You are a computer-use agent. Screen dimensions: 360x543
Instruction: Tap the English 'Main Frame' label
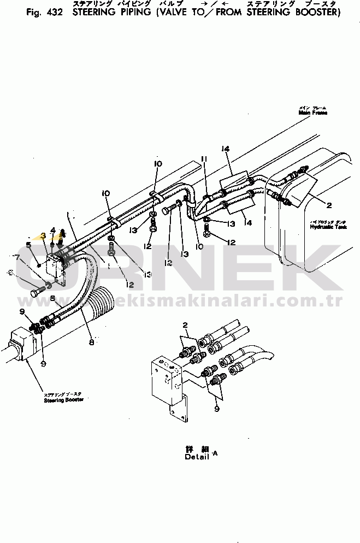point(312,113)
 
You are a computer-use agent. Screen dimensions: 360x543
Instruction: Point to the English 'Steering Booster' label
point(63,400)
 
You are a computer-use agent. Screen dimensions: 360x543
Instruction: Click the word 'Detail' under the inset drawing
point(197,457)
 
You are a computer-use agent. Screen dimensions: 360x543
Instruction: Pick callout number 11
point(204,159)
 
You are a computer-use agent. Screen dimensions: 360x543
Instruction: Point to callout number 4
point(52,229)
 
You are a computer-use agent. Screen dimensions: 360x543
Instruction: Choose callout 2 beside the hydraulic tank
point(329,205)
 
